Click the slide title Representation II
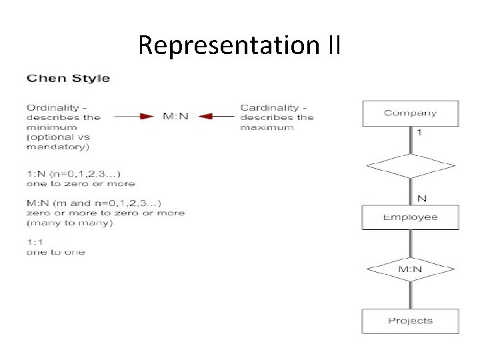(239, 45)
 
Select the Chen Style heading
(68, 79)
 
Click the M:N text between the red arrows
(176, 117)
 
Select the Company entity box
(410, 113)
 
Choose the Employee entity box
(410, 217)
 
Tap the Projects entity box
(410, 321)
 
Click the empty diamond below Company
(410, 165)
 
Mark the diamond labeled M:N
(410, 270)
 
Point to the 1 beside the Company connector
(419, 133)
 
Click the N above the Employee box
(421, 197)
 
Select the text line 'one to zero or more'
(81, 183)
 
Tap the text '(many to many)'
(70, 223)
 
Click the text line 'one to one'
(55, 252)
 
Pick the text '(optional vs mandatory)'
(58, 142)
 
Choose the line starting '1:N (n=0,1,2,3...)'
(73, 174)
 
